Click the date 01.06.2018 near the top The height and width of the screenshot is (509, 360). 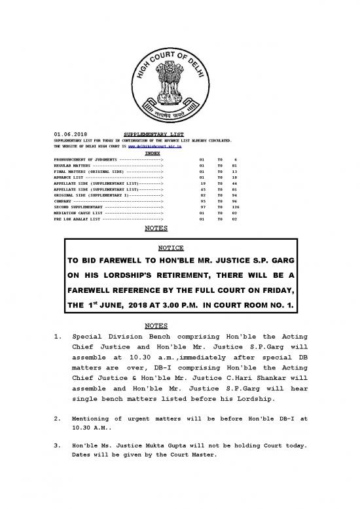click(x=66, y=134)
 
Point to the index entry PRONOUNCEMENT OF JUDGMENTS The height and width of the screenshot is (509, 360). click(x=77, y=159)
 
